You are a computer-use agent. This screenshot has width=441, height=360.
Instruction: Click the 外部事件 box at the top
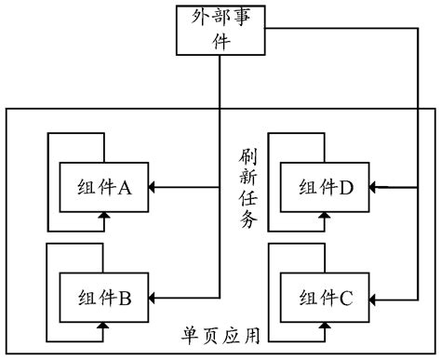[x=220, y=29]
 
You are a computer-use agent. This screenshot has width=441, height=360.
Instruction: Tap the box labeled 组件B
[x=104, y=298]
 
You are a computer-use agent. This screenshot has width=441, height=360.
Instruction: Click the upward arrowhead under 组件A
[x=104, y=216]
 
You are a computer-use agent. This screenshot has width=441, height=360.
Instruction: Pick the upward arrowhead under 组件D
[x=325, y=216]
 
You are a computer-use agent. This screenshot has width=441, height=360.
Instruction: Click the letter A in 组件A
[x=125, y=188]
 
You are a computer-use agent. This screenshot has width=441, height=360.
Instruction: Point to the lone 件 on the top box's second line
[x=220, y=41]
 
